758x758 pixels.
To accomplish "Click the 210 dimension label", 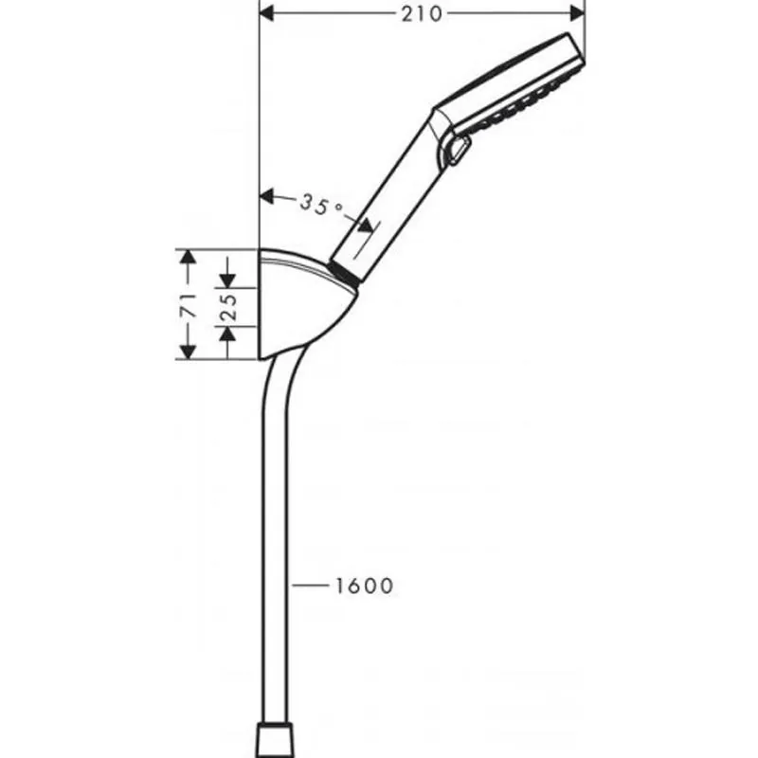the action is click(x=422, y=14).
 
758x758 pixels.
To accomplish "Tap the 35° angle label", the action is click(x=320, y=205).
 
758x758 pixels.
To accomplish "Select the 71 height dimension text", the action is click(x=189, y=304).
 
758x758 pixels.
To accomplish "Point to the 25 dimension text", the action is click(x=228, y=306).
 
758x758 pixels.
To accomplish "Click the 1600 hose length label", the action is click(x=365, y=586).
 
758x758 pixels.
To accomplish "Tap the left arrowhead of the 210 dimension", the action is click(x=267, y=13).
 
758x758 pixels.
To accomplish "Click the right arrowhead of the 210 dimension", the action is click(x=578, y=13).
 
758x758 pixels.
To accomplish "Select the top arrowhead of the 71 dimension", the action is click(x=188, y=256).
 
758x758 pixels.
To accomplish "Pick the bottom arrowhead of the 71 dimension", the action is click(x=188, y=352).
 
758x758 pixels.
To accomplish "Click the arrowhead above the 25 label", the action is click(x=227, y=280).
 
